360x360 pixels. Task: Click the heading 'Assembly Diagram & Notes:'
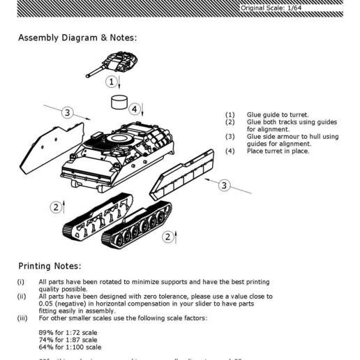tap(77, 37)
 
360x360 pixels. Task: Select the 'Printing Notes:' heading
tap(50, 266)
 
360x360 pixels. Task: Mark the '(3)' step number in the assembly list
tap(230, 137)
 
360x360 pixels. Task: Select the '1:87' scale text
tap(76, 340)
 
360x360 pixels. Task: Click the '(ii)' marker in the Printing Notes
tap(22, 296)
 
